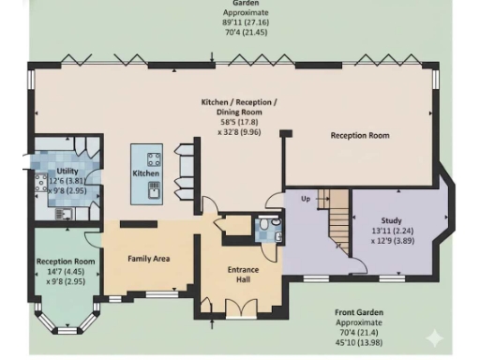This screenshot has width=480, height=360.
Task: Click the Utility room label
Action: point(67,171)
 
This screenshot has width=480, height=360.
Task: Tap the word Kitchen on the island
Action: point(145,173)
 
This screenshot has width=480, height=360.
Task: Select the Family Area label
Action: point(148,258)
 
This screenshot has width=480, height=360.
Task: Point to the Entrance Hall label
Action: point(244,275)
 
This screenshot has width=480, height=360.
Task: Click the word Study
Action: point(367,220)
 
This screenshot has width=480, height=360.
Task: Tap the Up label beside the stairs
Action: point(304,200)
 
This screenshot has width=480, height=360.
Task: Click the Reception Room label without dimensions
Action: point(359,135)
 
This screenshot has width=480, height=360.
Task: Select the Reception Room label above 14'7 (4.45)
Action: point(66,261)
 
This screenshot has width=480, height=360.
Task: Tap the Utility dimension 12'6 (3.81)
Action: point(67,180)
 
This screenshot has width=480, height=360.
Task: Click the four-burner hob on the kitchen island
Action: point(154,157)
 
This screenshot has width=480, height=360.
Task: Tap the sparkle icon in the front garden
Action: point(434,337)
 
